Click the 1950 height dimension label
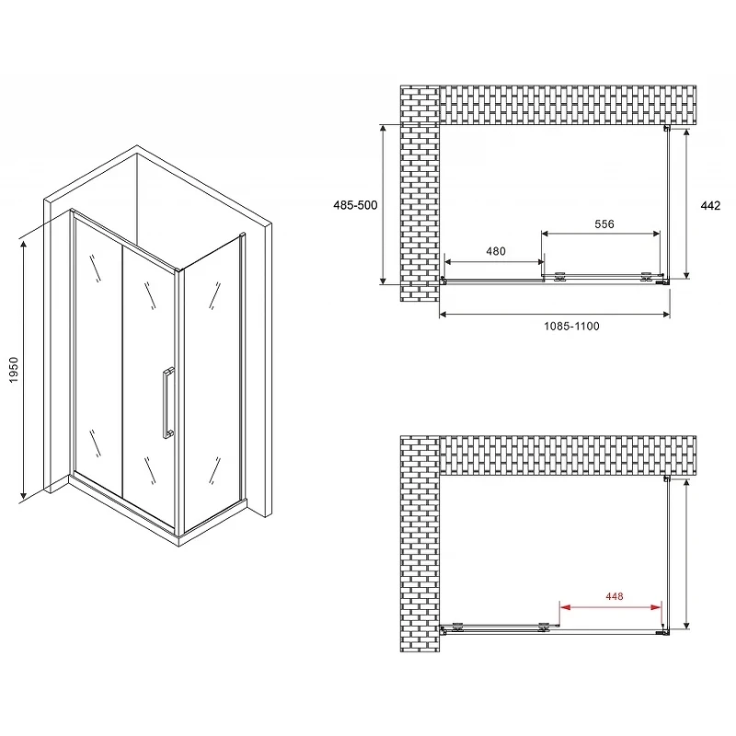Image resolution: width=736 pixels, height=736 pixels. point(13,370)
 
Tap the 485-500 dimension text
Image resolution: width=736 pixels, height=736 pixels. point(355,205)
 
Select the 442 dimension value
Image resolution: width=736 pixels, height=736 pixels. point(710,205)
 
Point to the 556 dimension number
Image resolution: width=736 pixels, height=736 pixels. point(604,224)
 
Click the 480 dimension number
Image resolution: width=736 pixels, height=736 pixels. point(496,251)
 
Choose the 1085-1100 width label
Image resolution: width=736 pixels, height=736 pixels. point(571,327)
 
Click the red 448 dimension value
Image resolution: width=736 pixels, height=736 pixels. point(614,596)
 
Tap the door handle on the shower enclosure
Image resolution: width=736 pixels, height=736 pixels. point(168,403)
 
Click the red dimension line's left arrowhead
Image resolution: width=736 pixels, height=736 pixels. point(565,607)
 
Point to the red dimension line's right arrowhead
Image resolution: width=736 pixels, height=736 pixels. point(656,607)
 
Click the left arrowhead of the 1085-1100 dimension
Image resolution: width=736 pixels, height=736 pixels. point(443,315)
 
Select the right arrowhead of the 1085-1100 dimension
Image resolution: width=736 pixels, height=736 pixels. point(666,315)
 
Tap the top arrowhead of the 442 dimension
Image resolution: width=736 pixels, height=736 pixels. point(686,132)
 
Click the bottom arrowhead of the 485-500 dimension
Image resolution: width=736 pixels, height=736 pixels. point(384,281)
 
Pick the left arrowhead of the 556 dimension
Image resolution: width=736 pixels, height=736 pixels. point(546,234)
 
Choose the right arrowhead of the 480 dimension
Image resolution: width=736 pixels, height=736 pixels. point(540,262)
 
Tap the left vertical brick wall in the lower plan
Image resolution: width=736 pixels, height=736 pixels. point(420,544)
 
